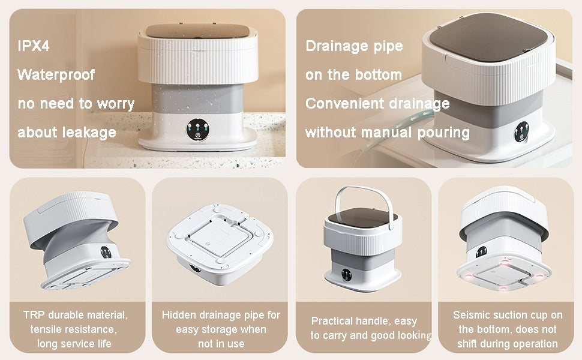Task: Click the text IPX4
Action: [34, 46]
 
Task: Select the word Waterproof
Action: [56, 75]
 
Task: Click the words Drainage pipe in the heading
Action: [354, 46]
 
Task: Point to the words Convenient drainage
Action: [377, 104]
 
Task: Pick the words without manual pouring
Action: [387, 133]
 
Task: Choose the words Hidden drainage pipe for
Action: [221, 315]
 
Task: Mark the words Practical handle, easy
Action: [364, 322]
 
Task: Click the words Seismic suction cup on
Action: [508, 315]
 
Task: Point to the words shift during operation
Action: [508, 344]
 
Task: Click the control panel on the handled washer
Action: [347, 274]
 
